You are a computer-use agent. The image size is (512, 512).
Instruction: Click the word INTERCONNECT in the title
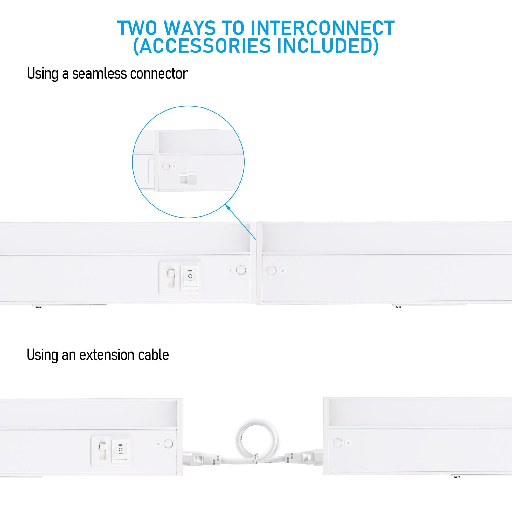tap(322, 28)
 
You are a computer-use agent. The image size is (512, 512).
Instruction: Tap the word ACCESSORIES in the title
tap(205, 46)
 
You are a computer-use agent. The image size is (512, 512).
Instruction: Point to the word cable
tap(153, 355)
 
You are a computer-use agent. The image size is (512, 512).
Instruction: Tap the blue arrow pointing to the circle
tap(241, 222)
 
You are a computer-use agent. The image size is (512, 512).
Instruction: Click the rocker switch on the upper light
tap(190, 276)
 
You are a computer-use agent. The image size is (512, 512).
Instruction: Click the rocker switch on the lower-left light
tap(121, 450)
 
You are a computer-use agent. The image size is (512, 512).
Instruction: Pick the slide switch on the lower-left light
tap(102, 451)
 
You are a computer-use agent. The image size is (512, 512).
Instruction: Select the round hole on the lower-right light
tap(337, 443)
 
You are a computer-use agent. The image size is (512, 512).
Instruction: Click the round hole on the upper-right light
tap(271, 270)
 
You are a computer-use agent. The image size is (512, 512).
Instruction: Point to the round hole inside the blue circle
tap(166, 166)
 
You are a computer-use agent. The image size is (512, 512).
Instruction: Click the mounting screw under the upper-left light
tap(38, 307)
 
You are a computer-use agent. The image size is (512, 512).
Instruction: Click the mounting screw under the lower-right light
tap(457, 477)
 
